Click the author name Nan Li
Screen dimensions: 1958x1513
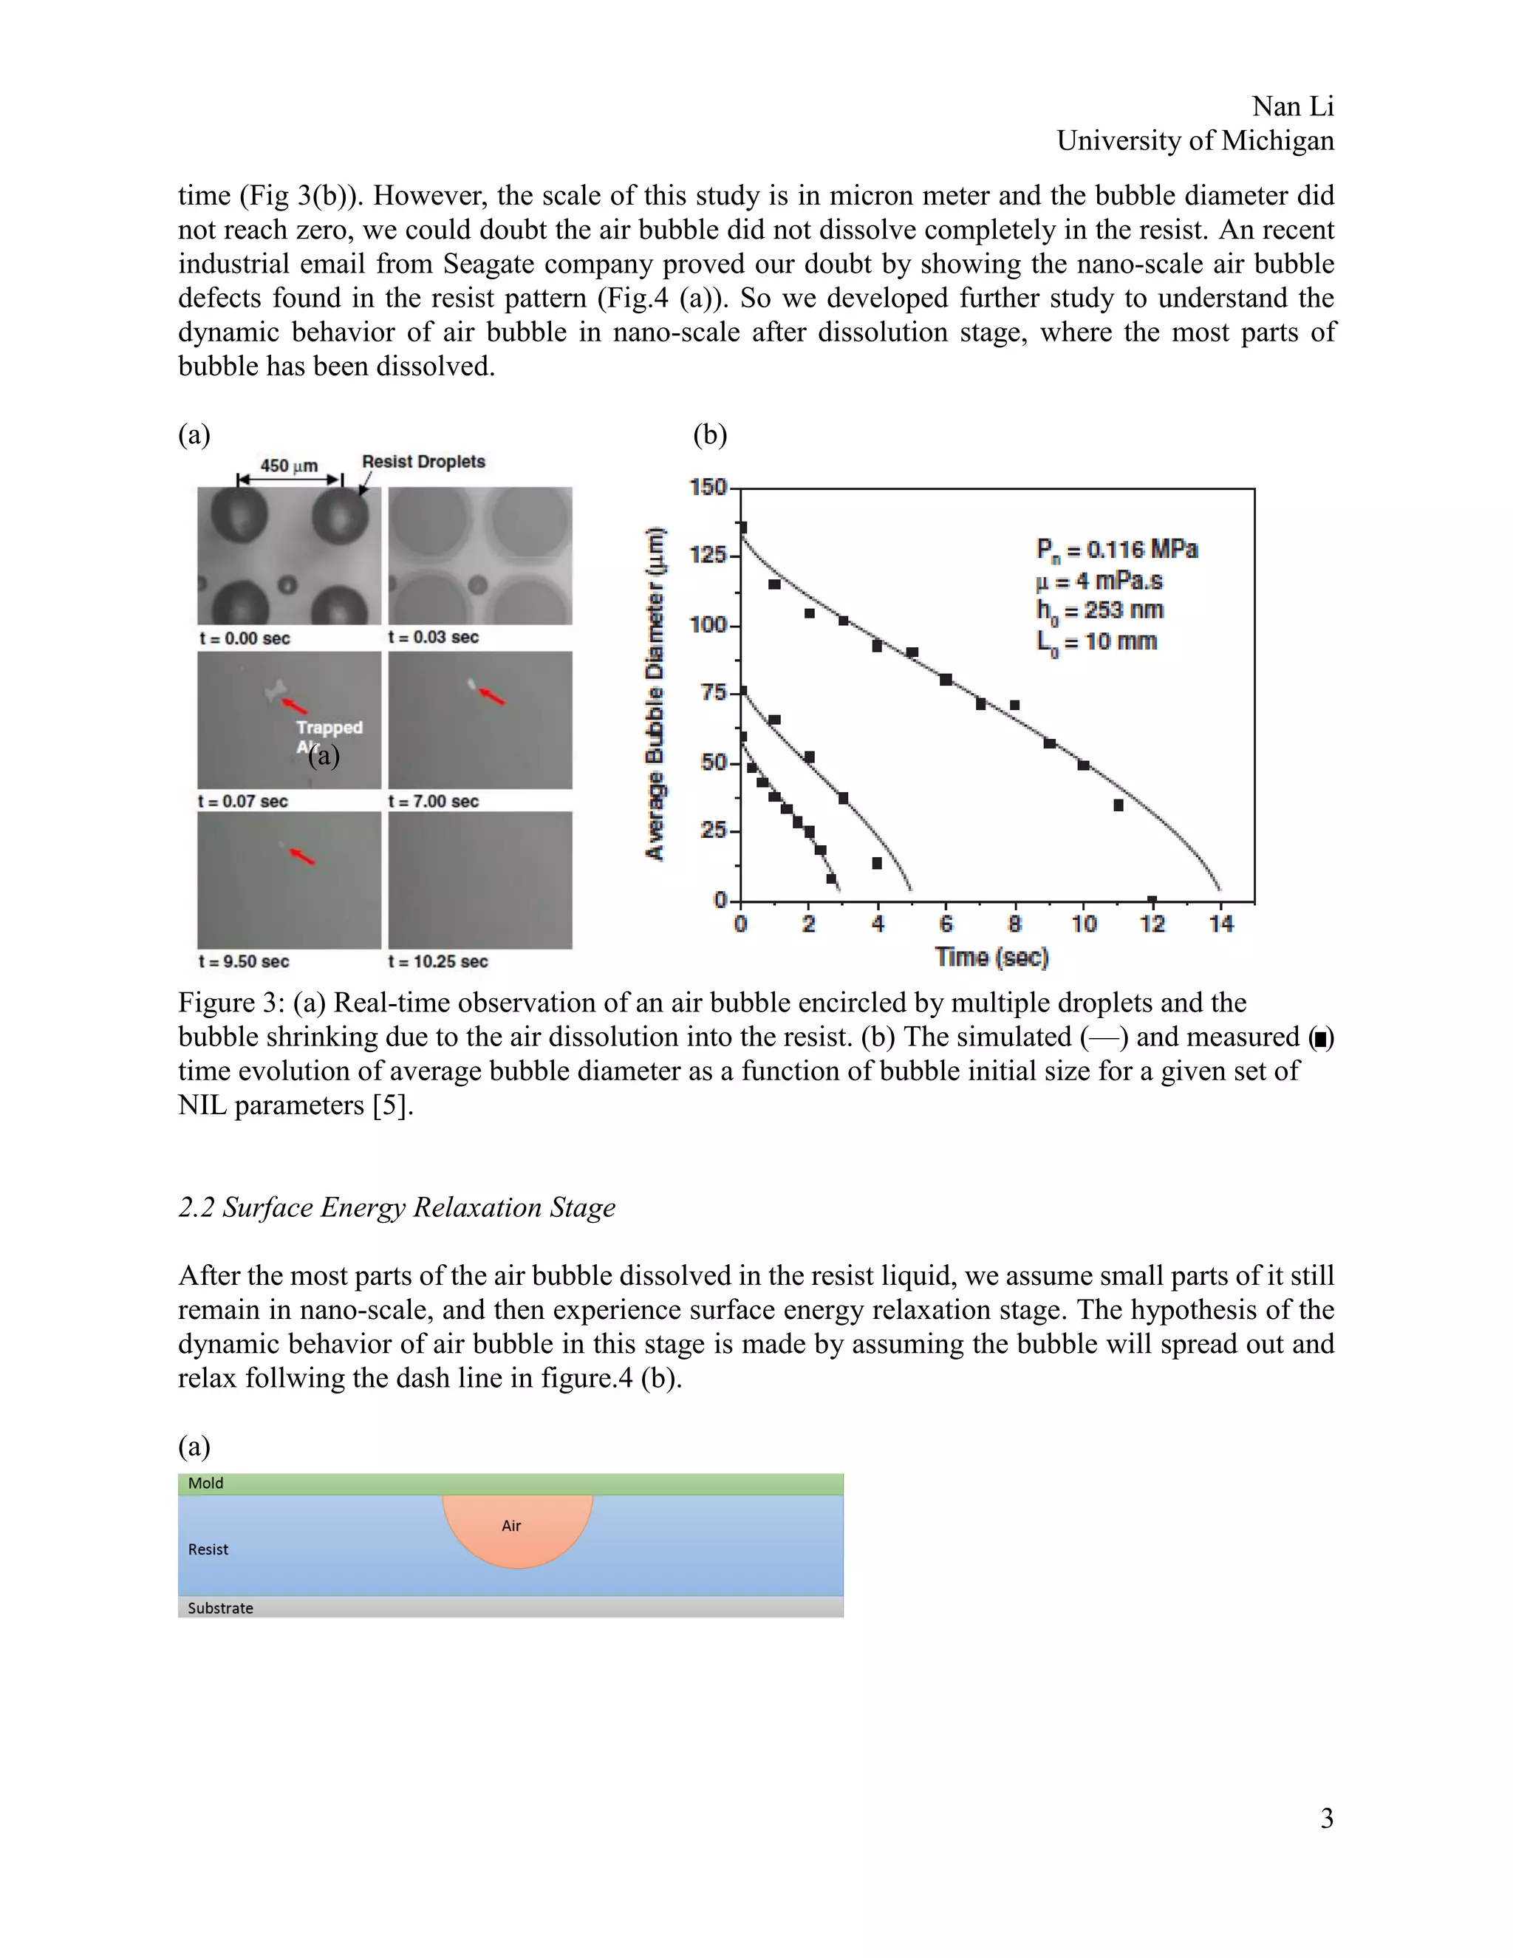click(x=1293, y=106)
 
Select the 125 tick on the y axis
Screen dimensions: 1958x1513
click(x=707, y=555)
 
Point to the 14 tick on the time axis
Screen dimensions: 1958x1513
click(x=1220, y=924)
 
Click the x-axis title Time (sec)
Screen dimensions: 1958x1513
click(x=991, y=958)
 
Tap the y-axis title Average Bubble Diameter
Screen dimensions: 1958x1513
click(x=656, y=694)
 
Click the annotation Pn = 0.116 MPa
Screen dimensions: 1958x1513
click(x=1116, y=549)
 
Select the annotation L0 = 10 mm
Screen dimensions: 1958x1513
click(x=1096, y=642)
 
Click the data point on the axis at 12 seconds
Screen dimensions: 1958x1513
click(x=1152, y=900)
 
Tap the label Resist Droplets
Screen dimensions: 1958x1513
click(x=423, y=462)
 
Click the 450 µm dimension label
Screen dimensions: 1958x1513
click(x=289, y=465)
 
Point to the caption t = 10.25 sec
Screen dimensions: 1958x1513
click(x=437, y=961)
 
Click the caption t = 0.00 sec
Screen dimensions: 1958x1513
click(x=245, y=638)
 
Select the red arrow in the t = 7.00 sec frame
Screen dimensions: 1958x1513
click(x=492, y=696)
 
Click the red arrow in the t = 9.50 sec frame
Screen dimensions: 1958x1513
click(x=302, y=856)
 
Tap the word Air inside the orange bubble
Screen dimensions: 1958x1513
click(x=511, y=1526)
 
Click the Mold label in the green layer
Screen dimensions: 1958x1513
click(x=205, y=1484)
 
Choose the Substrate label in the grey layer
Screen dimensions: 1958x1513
click(x=219, y=1609)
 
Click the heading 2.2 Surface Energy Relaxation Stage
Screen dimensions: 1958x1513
click(x=396, y=1207)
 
